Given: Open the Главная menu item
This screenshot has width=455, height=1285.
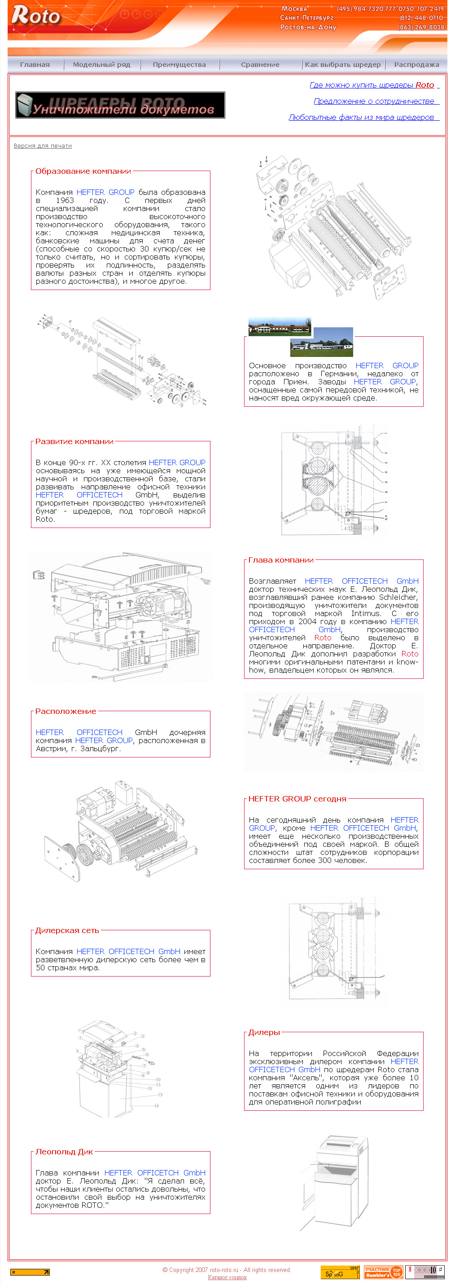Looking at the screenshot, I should click(35, 64).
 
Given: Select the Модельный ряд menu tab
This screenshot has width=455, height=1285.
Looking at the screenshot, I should click(102, 64).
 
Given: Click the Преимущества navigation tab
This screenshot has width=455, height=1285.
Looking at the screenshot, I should click(179, 64).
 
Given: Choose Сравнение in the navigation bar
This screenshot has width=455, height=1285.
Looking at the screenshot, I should click(260, 64).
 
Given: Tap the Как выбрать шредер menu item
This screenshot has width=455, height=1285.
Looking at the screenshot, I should click(343, 64).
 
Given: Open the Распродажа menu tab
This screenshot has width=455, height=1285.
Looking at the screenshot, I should click(416, 64).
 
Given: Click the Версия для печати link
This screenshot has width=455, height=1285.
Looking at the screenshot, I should click(43, 145).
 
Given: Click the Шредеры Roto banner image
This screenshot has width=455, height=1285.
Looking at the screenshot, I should click(120, 105).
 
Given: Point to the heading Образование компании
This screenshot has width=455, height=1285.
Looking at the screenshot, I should click(83, 171).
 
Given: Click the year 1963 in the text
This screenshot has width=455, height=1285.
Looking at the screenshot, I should click(65, 201).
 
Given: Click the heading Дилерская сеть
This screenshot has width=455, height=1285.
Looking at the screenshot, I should click(67, 930).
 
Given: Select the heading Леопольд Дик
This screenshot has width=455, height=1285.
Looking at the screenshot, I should click(64, 1152).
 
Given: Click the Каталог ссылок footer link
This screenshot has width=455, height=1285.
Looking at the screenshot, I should click(227, 1277).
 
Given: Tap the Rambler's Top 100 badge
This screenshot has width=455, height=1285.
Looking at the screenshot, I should click(383, 1272).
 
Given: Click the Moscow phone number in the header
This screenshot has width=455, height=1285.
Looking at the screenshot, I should click(390, 9).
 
